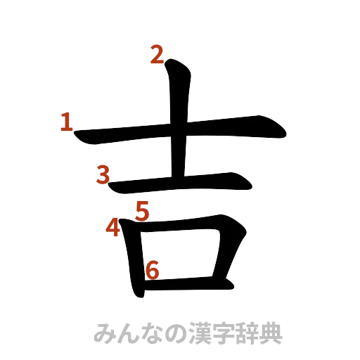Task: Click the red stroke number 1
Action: pyautogui.click(x=66, y=123)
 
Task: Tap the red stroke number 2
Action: pyautogui.click(x=156, y=54)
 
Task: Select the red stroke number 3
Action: pyautogui.click(x=104, y=174)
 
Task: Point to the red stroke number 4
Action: pyautogui.click(x=112, y=228)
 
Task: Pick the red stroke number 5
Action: pyautogui.click(x=143, y=210)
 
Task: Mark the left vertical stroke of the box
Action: pyautogui.click(x=133, y=260)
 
